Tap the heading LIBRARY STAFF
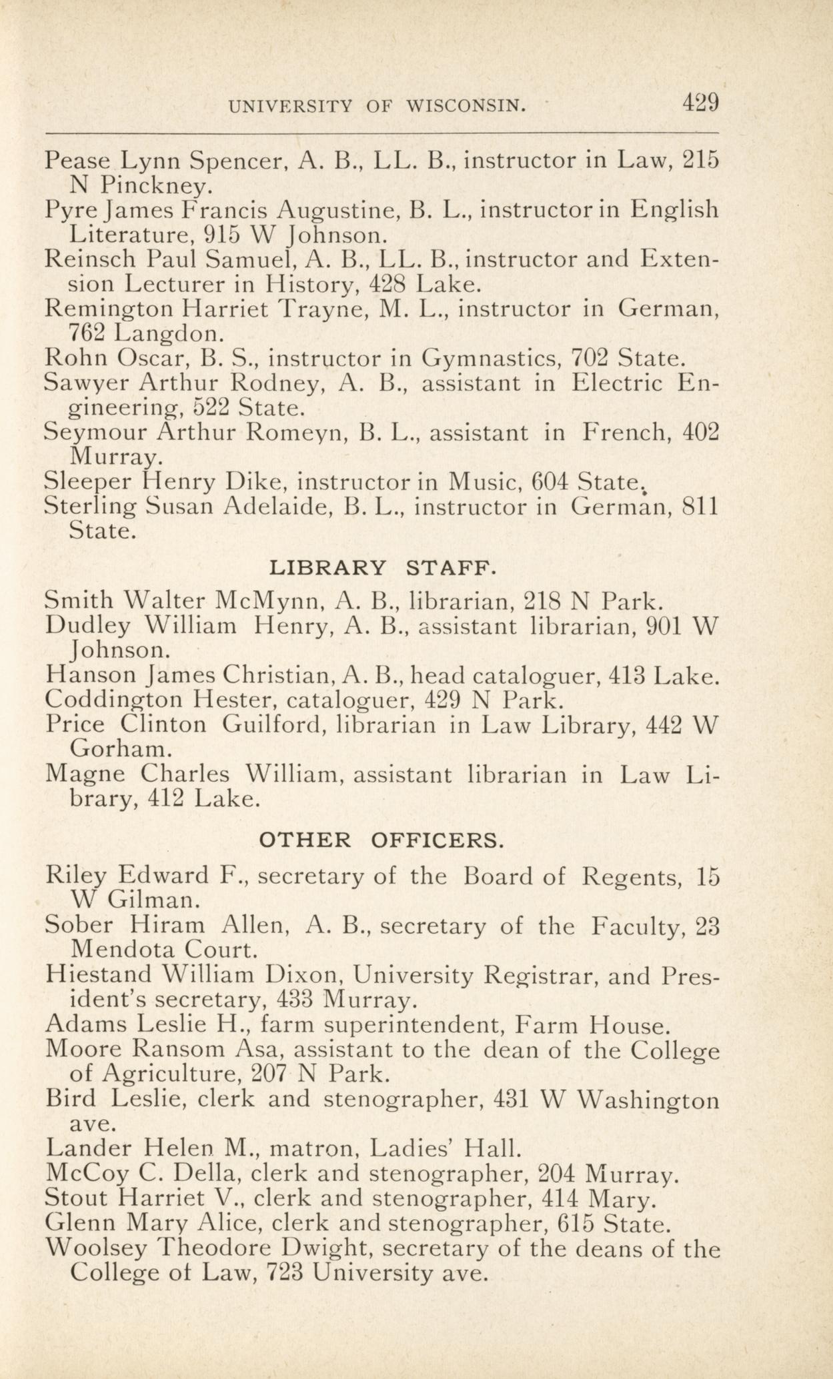pyautogui.click(x=383, y=568)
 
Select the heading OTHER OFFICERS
pyautogui.click(x=381, y=840)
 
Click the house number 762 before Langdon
pyautogui.click(x=87, y=331)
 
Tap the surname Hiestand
pyautogui.click(x=99, y=976)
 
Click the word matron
pyautogui.click(x=314, y=1148)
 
